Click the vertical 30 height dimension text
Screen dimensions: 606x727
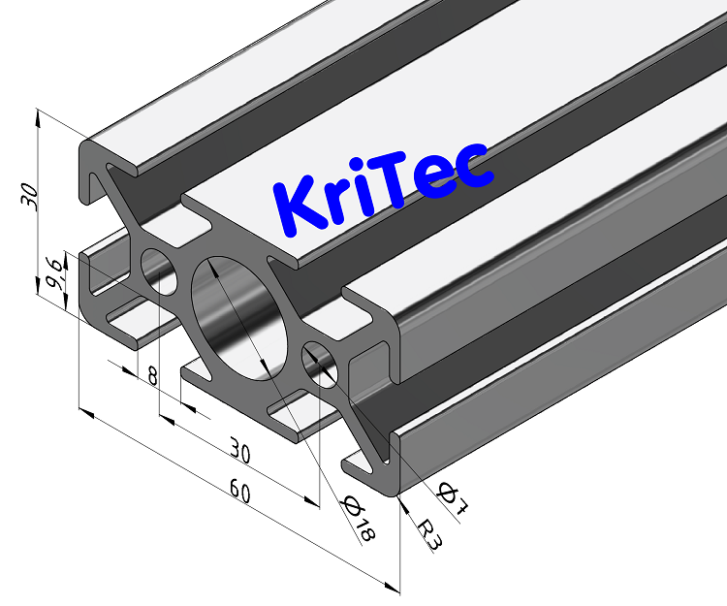tap(31, 196)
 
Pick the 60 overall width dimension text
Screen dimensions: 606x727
tap(239, 493)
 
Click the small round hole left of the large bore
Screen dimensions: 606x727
tap(161, 271)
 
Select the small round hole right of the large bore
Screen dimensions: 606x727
tap(321, 364)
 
